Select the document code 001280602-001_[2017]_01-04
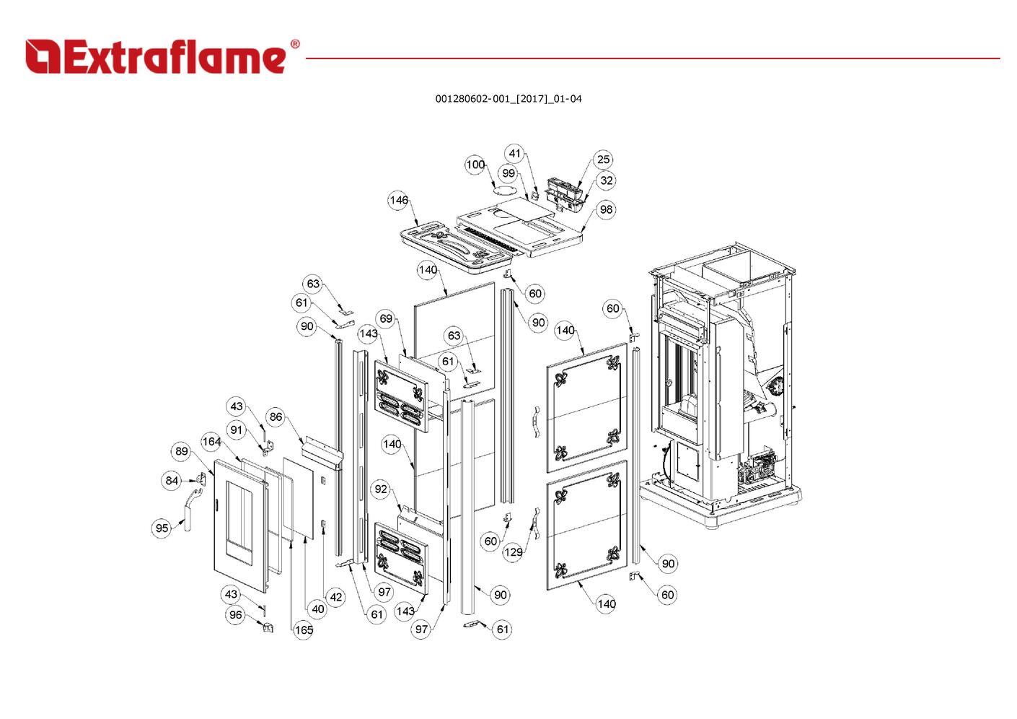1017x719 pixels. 508,99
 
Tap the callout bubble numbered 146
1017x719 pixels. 398,200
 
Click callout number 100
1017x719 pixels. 475,165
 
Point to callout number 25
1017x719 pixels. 603,160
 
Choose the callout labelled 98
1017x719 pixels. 606,209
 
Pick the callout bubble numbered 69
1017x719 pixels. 387,318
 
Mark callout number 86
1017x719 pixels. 276,417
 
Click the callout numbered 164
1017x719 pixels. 211,442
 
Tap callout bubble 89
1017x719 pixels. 181,451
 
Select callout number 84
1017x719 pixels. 172,480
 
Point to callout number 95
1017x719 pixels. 162,528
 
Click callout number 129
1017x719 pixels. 513,552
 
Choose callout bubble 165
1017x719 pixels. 304,630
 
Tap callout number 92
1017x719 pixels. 381,489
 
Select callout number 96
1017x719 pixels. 235,615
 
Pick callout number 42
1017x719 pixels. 335,597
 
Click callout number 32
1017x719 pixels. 606,180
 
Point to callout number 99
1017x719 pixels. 509,173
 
